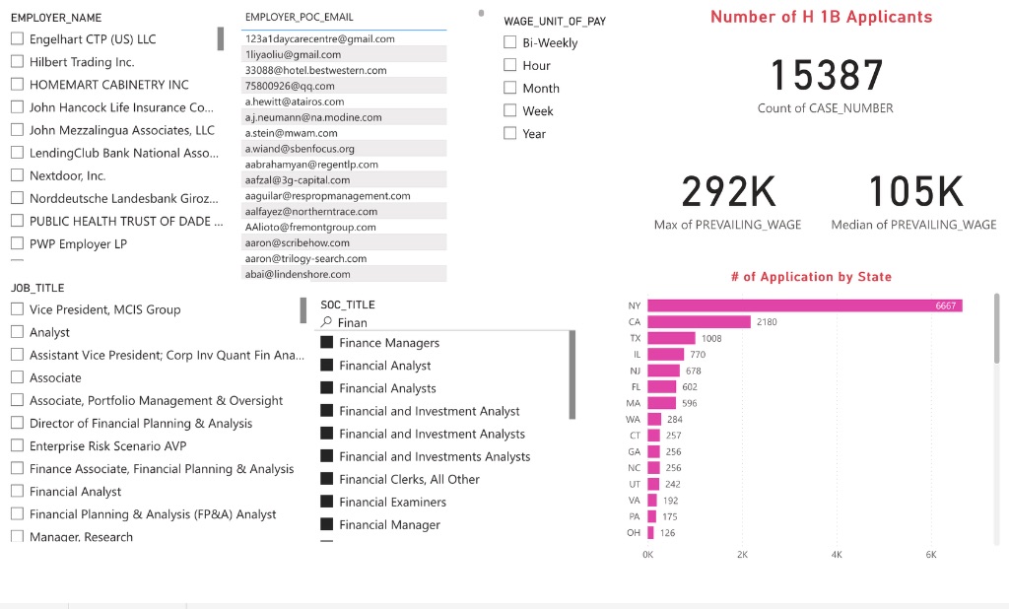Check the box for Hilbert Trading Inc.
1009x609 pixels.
click(17, 62)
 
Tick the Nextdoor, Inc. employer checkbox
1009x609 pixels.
click(17, 175)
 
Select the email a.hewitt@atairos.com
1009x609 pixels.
click(295, 101)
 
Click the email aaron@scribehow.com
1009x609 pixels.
click(297, 242)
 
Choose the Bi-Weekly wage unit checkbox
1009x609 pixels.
click(509, 42)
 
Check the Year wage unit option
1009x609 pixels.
click(509, 134)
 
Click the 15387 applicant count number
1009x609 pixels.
click(826, 76)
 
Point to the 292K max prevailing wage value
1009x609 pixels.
click(728, 191)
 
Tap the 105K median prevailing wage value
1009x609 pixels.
click(914, 191)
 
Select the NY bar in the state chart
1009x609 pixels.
click(804, 305)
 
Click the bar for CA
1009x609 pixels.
click(699, 322)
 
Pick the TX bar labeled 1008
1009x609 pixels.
click(671, 338)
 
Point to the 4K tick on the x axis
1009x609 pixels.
click(837, 555)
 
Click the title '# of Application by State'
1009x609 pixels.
click(811, 277)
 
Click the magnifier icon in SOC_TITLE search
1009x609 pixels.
click(327, 322)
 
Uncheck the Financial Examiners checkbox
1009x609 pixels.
click(327, 502)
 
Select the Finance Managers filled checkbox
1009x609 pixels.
click(327, 343)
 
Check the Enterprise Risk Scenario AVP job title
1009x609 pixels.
click(17, 445)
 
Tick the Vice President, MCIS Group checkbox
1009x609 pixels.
click(17, 309)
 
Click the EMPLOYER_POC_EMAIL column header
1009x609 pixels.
click(300, 18)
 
